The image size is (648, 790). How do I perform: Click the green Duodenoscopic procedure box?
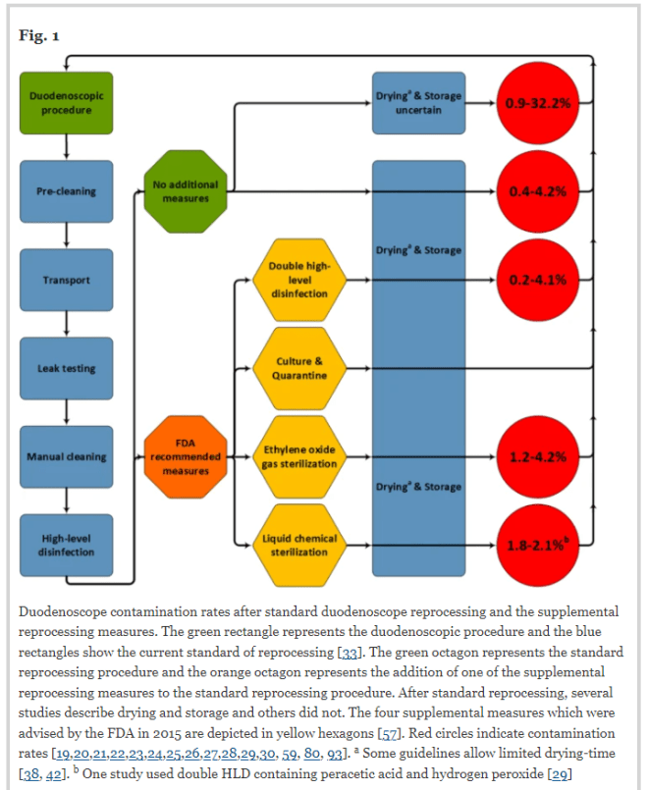(x=66, y=103)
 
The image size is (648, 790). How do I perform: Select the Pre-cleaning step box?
(x=66, y=192)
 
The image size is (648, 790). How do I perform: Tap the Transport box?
(x=66, y=281)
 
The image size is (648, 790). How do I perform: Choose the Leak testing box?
(x=66, y=369)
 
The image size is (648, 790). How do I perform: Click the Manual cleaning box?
(x=66, y=457)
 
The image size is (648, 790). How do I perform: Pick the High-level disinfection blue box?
(x=66, y=546)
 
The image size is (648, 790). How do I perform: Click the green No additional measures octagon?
(x=186, y=192)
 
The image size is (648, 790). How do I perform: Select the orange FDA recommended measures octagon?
(x=186, y=457)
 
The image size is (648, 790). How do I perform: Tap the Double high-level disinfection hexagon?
(x=299, y=280)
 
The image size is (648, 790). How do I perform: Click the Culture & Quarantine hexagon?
(x=299, y=369)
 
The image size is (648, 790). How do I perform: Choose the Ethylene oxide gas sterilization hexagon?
(x=299, y=457)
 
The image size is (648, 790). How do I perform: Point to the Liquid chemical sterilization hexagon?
(x=299, y=546)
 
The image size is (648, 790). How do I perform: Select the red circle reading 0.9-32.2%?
(x=537, y=103)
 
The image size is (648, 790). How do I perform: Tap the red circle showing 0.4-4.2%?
(x=537, y=192)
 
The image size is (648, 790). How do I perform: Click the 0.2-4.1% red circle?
(x=537, y=281)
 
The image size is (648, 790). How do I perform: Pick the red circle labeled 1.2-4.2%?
(x=537, y=457)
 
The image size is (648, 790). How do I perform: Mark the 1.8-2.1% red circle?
(x=537, y=546)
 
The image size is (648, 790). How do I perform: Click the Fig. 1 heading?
(x=39, y=36)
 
